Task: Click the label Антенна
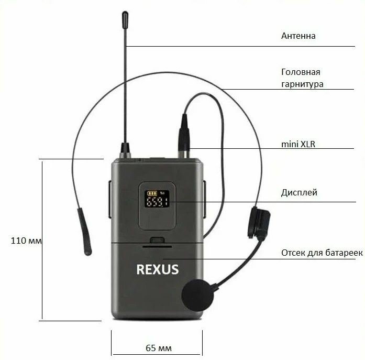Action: (298, 36)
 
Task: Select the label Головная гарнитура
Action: (301, 78)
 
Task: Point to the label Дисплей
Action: (298, 192)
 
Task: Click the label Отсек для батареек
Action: (322, 253)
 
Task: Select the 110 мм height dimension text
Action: (26, 241)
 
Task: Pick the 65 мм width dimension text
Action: (158, 348)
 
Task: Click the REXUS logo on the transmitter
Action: (157, 269)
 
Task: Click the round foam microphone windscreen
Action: (198, 296)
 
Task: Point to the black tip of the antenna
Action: (125, 19)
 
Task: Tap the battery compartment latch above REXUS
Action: (157, 241)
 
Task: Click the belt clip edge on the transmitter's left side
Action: (109, 199)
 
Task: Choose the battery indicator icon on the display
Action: (152, 192)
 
